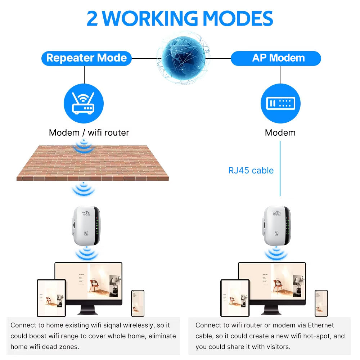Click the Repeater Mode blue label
(x=86, y=58)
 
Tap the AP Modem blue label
(x=276, y=58)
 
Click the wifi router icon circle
(x=84, y=103)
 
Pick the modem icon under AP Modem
(x=280, y=103)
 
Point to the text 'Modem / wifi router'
(x=89, y=132)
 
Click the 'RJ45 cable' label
(x=251, y=170)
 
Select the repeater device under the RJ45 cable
(x=276, y=226)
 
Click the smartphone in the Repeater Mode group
(x=138, y=303)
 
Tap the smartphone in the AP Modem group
(x=321, y=303)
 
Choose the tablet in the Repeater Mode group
(x=51, y=298)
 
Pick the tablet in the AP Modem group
(x=235, y=298)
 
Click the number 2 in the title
(x=93, y=18)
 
